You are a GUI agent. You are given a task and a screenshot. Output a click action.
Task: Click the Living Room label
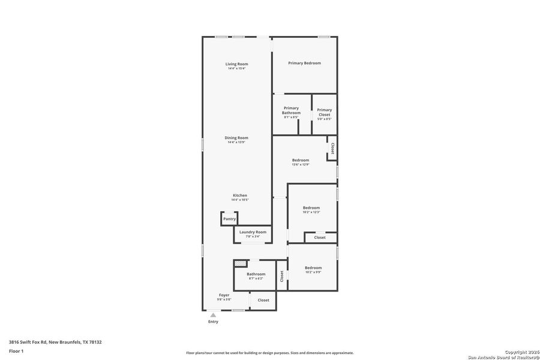pos(236,64)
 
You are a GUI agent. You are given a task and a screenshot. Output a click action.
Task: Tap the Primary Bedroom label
pos(304,63)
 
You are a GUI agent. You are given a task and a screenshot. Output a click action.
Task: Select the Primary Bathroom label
pos(291,110)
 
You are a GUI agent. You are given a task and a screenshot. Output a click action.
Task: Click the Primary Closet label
pos(324,112)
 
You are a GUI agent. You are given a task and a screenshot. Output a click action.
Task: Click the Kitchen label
pos(240,195)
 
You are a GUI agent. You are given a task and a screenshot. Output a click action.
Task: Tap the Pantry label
pos(229,219)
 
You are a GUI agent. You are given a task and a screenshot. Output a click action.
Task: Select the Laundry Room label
pos(253,232)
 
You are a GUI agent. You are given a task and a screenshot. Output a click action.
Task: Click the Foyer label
pos(224,295)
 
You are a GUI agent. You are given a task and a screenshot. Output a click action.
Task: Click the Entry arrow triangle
pos(213,314)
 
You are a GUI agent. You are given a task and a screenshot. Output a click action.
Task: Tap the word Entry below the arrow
pos(213,322)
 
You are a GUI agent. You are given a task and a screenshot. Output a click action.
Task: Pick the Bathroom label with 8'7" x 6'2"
pos(256,274)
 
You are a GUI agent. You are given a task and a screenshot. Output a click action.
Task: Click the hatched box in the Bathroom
pos(240,263)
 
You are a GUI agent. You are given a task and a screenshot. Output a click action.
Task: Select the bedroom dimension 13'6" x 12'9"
pos(301,164)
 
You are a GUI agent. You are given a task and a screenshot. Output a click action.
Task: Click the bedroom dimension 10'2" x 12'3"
pos(311,212)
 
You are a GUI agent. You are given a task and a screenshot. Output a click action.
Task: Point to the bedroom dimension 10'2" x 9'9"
pos(313,272)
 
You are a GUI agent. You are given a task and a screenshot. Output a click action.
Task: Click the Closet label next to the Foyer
pos(263,300)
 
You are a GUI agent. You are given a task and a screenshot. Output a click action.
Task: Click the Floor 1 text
pos(16,350)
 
